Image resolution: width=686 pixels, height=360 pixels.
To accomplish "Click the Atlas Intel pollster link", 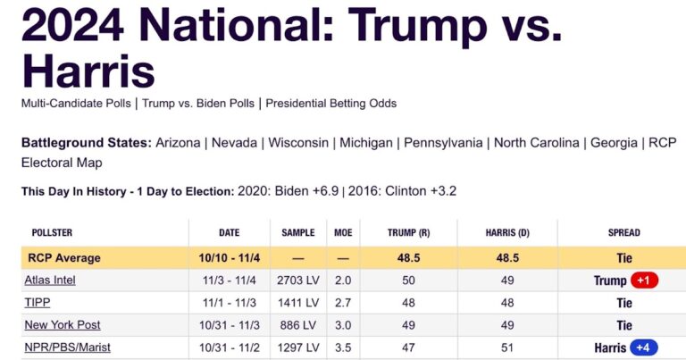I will pyautogui.click(x=50, y=280).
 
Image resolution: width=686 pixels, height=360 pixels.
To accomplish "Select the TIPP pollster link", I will pyautogui.click(x=37, y=303).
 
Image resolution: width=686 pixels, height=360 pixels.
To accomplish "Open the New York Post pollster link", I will pyautogui.click(x=63, y=325).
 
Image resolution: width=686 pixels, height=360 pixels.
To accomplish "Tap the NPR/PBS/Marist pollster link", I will pyautogui.click(x=68, y=347).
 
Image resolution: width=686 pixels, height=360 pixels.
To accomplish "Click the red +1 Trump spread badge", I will pyautogui.click(x=644, y=280).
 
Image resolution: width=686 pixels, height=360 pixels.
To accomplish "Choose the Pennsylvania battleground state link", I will pyautogui.click(x=443, y=143).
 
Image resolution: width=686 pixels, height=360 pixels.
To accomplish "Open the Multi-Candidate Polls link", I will pyautogui.click(x=75, y=103).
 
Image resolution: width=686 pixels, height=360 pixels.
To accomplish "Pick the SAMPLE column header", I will pyautogui.click(x=298, y=233).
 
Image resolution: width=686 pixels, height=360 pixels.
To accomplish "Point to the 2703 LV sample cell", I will pyautogui.click(x=298, y=280).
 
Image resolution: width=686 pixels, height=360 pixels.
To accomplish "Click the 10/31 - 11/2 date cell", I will pyautogui.click(x=230, y=347).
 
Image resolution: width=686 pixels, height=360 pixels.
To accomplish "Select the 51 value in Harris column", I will pyautogui.click(x=507, y=347).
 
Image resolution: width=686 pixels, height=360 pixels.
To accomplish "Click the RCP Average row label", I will pyautogui.click(x=64, y=258).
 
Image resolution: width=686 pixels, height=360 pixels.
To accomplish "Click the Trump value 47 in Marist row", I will pyautogui.click(x=408, y=347).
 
